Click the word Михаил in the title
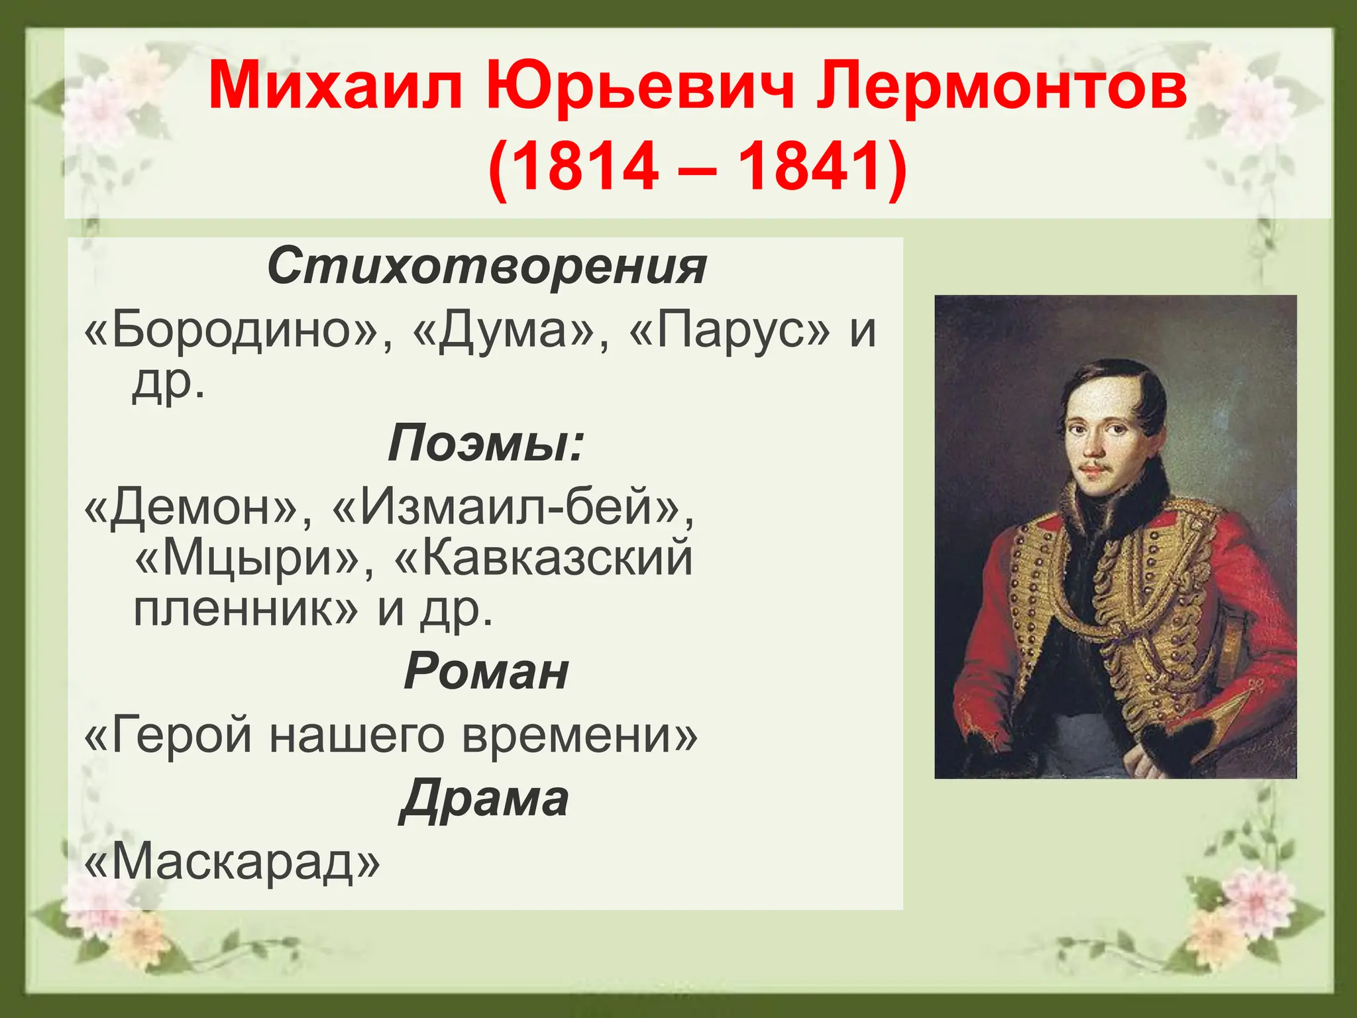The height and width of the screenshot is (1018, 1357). point(335,87)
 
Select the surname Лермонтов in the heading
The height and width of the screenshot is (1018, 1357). point(1001,87)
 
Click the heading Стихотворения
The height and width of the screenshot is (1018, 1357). point(487,266)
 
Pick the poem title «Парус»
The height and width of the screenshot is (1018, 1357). point(729,329)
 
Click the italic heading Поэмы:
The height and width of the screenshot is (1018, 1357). point(486,443)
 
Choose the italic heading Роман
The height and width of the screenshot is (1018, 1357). point(486,671)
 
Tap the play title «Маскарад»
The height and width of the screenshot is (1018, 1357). point(233,863)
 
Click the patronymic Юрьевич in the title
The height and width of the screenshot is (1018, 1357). point(639,87)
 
